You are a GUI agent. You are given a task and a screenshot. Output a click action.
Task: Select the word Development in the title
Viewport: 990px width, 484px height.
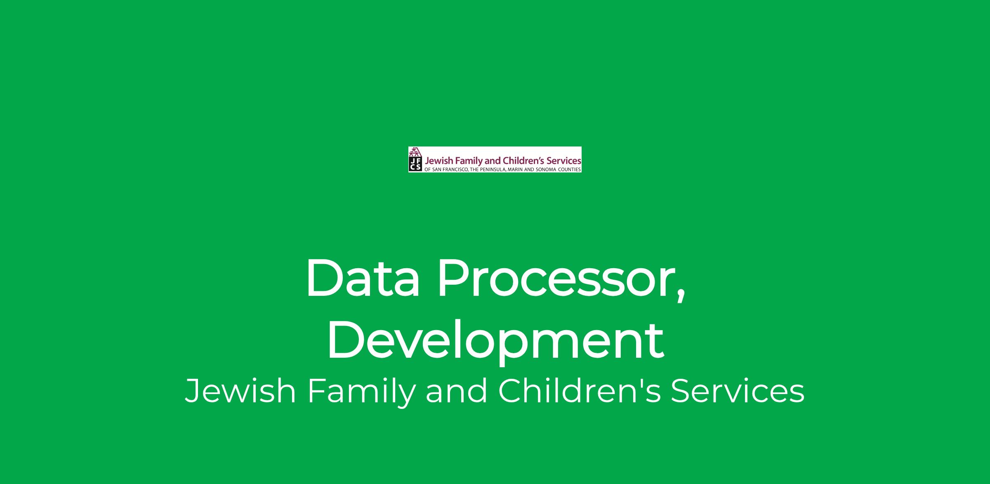tap(495, 343)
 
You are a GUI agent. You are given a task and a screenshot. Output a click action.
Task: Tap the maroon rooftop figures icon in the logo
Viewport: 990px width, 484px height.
tap(415, 152)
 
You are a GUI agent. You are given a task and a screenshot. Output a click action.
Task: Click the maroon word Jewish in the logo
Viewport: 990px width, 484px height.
tap(439, 161)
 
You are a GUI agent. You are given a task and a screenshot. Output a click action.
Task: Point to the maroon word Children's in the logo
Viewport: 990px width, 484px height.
tap(524, 161)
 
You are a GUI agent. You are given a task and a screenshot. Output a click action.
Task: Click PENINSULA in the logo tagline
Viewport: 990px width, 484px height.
tap(493, 170)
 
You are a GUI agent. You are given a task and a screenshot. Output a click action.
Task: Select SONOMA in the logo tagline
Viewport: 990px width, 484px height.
tap(546, 170)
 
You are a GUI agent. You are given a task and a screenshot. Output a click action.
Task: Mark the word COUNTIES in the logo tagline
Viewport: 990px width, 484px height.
tap(570, 170)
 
